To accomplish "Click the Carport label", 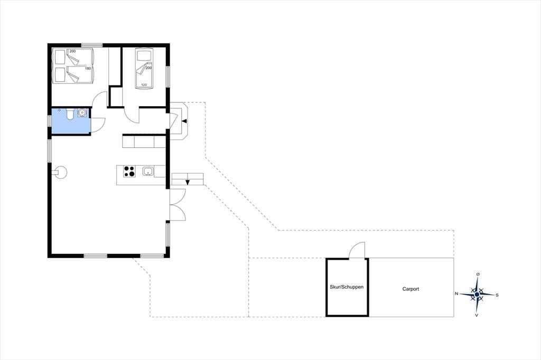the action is point(411,289).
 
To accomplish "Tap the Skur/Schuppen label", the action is point(347,287).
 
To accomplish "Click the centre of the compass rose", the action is point(477,295).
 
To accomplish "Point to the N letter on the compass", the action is point(456,294).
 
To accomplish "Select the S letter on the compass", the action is point(497,295).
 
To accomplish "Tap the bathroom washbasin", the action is point(82,112).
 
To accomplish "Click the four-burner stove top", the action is point(129,171).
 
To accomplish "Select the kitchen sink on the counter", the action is point(148,171).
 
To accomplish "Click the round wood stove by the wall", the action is point(61,173).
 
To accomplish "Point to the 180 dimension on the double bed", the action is point(88,69).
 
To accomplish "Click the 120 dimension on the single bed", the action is point(144,85).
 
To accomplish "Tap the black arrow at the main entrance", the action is point(184,121).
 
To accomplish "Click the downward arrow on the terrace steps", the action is point(188,183).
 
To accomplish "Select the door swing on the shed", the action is point(357,250).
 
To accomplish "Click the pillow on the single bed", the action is point(144,56).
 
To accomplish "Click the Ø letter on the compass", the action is point(478,274).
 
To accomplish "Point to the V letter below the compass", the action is point(477,315).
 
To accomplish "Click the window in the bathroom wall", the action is point(49,121).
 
